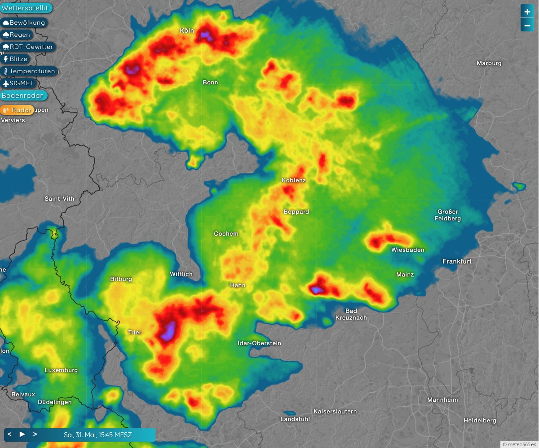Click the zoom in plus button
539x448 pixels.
(527, 11)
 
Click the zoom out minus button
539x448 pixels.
(527, 25)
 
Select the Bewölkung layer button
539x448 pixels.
(24, 22)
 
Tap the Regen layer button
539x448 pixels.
(17, 35)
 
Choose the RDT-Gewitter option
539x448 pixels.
(28, 47)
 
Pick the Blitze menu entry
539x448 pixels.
(15, 59)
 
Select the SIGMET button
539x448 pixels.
(18, 83)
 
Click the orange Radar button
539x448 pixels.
(18, 110)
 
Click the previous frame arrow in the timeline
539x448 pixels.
(9, 435)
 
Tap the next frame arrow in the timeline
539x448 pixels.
(35, 435)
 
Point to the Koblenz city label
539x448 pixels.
(294, 180)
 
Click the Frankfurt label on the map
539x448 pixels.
(457, 261)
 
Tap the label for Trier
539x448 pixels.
(135, 333)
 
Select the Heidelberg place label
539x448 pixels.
(480, 421)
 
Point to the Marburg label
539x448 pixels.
(489, 63)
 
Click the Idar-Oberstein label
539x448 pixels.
(259, 343)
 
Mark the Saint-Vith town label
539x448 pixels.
(59, 198)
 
